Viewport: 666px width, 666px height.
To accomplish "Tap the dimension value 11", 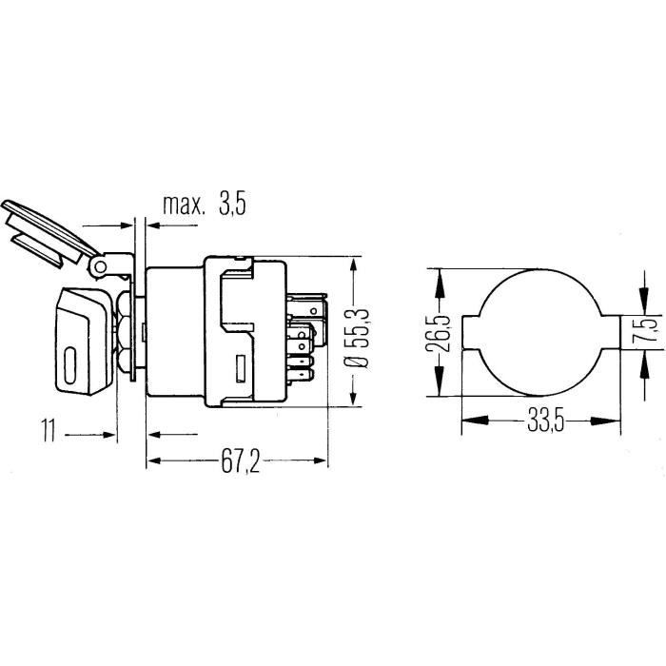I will [51, 433].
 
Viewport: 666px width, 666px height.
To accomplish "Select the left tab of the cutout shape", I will [471, 332].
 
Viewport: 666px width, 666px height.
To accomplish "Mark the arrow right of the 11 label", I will [109, 434].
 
